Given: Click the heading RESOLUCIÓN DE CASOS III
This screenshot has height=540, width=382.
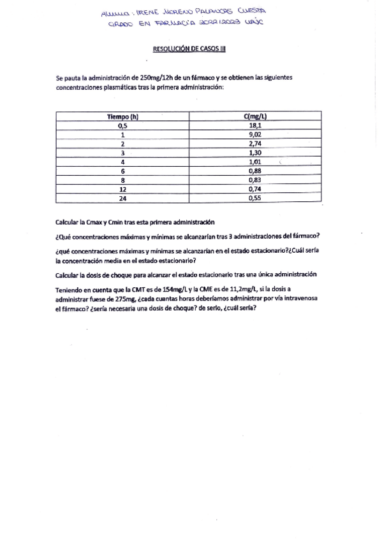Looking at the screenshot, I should (x=189, y=48).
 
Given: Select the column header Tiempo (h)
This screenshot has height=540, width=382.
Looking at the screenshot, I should (x=122, y=117).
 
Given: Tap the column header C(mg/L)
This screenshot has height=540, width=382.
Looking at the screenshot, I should (x=255, y=117).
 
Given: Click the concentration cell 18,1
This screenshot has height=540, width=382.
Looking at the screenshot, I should (x=254, y=125).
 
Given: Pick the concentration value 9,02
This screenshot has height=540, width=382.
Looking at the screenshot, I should (x=254, y=135).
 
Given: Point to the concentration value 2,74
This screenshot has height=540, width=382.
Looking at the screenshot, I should (x=254, y=144).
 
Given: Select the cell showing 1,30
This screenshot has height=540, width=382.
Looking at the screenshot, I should (x=254, y=153).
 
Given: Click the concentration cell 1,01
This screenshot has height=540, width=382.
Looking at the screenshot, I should (x=254, y=162).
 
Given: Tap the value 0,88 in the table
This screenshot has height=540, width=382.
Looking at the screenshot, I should (x=254, y=171).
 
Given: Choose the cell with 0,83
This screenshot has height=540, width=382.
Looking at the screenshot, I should (x=254, y=180).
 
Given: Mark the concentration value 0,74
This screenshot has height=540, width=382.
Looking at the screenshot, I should (x=254, y=189).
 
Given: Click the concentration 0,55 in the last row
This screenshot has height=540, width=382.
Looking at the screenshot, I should (x=254, y=198).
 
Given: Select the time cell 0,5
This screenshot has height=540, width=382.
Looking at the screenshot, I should (x=122, y=125).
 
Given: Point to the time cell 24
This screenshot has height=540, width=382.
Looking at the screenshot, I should (x=122, y=198).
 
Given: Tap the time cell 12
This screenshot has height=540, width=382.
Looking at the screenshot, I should (x=122, y=189).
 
